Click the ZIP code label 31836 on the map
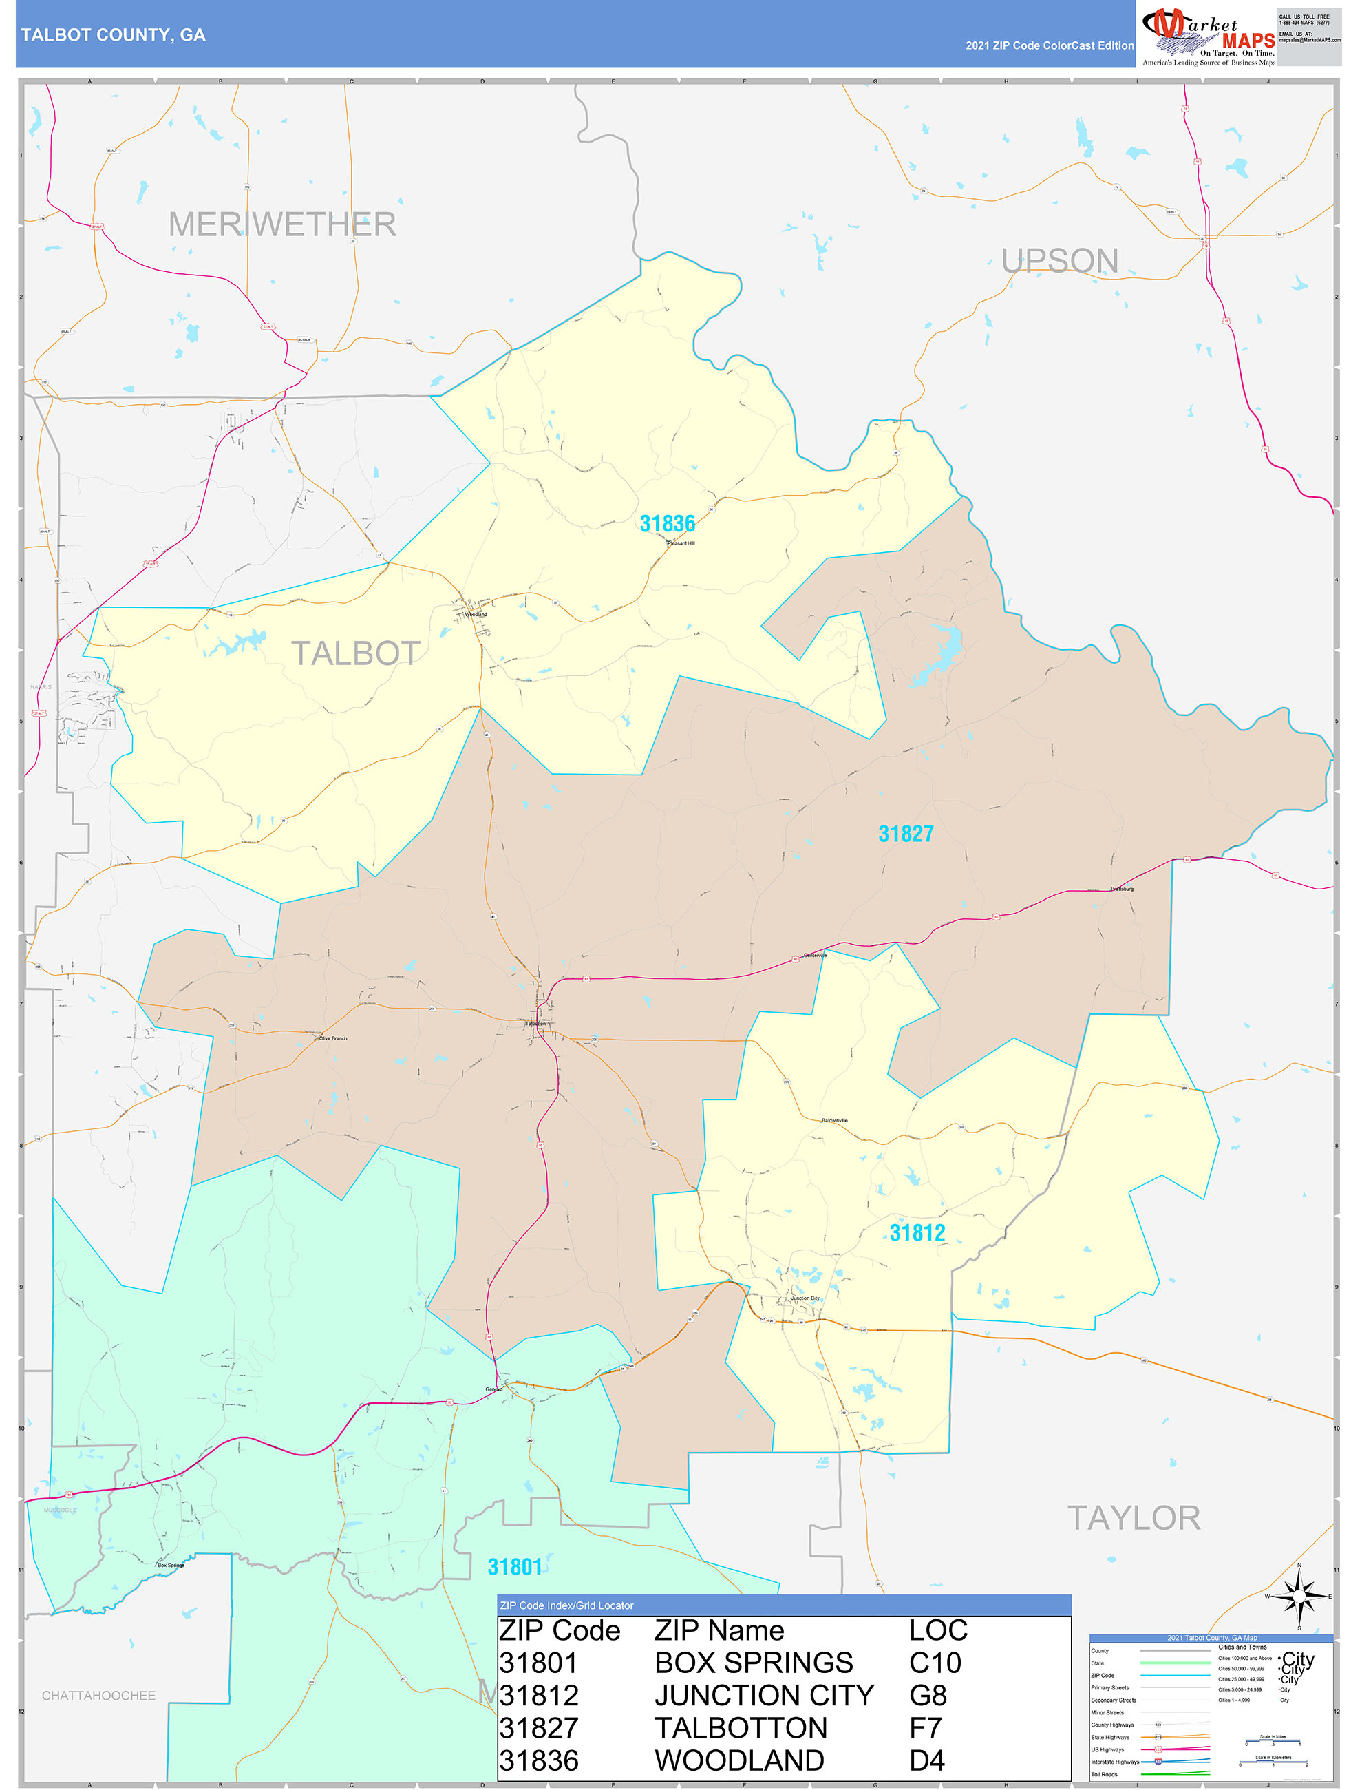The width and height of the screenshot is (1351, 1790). click(x=668, y=523)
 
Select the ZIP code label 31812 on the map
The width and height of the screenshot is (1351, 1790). click(x=917, y=1232)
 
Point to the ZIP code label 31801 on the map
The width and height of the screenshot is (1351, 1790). click(x=515, y=1568)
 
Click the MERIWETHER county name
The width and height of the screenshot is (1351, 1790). click(x=282, y=224)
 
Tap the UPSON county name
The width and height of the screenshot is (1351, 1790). click(x=1060, y=260)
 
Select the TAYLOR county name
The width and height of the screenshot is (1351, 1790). click(x=1134, y=1518)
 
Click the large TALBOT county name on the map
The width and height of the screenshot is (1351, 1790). click(x=355, y=653)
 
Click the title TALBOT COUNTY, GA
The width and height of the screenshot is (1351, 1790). click(x=114, y=35)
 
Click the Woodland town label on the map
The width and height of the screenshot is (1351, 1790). click(x=476, y=614)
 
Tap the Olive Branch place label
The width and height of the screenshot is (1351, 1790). click(x=332, y=1038)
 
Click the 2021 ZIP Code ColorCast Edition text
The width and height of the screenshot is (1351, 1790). click(x=1050, y=45)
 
